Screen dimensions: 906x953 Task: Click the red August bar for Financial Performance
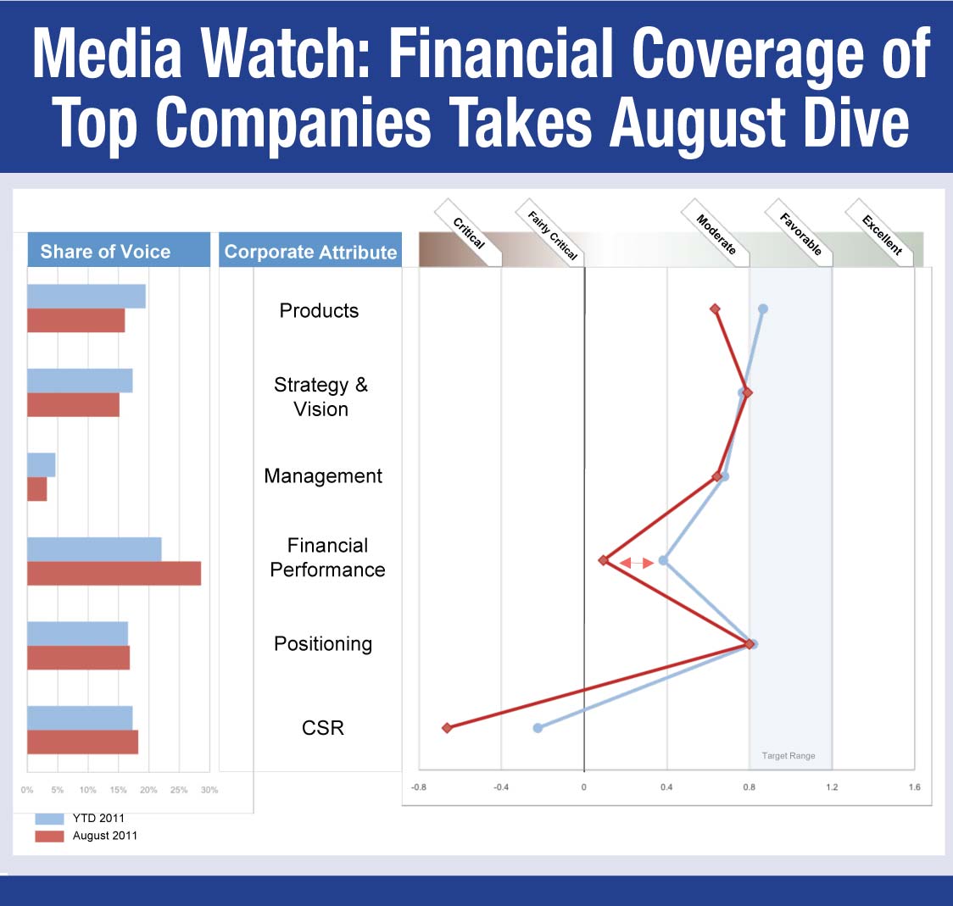(114, 573)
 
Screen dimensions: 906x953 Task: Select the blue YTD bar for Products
(86, 296)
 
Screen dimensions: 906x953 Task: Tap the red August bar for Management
(36, 489)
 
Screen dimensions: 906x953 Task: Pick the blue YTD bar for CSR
(80, 718)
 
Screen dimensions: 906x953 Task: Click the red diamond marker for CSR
(447, 728)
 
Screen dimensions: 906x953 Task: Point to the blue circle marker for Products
(763, 308)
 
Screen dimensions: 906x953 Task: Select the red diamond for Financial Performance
(604, 560)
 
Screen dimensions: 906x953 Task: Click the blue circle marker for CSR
(538, 728)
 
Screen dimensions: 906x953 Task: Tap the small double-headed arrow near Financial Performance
(636, 563)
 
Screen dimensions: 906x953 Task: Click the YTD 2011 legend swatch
(50, 819)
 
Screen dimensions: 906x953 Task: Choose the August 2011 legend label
(104, 836)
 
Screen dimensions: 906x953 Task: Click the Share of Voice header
(105, 252)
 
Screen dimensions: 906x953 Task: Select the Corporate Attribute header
(310, 253)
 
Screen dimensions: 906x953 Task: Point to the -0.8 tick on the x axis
(419, 787)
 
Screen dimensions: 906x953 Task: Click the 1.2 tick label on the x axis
(832, 787)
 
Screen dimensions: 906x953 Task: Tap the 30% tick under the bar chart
(209, 790)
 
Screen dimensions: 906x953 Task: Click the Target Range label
(789, 756)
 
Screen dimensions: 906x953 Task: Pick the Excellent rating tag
(882, 236)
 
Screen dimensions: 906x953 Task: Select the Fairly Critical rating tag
(552, 236)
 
